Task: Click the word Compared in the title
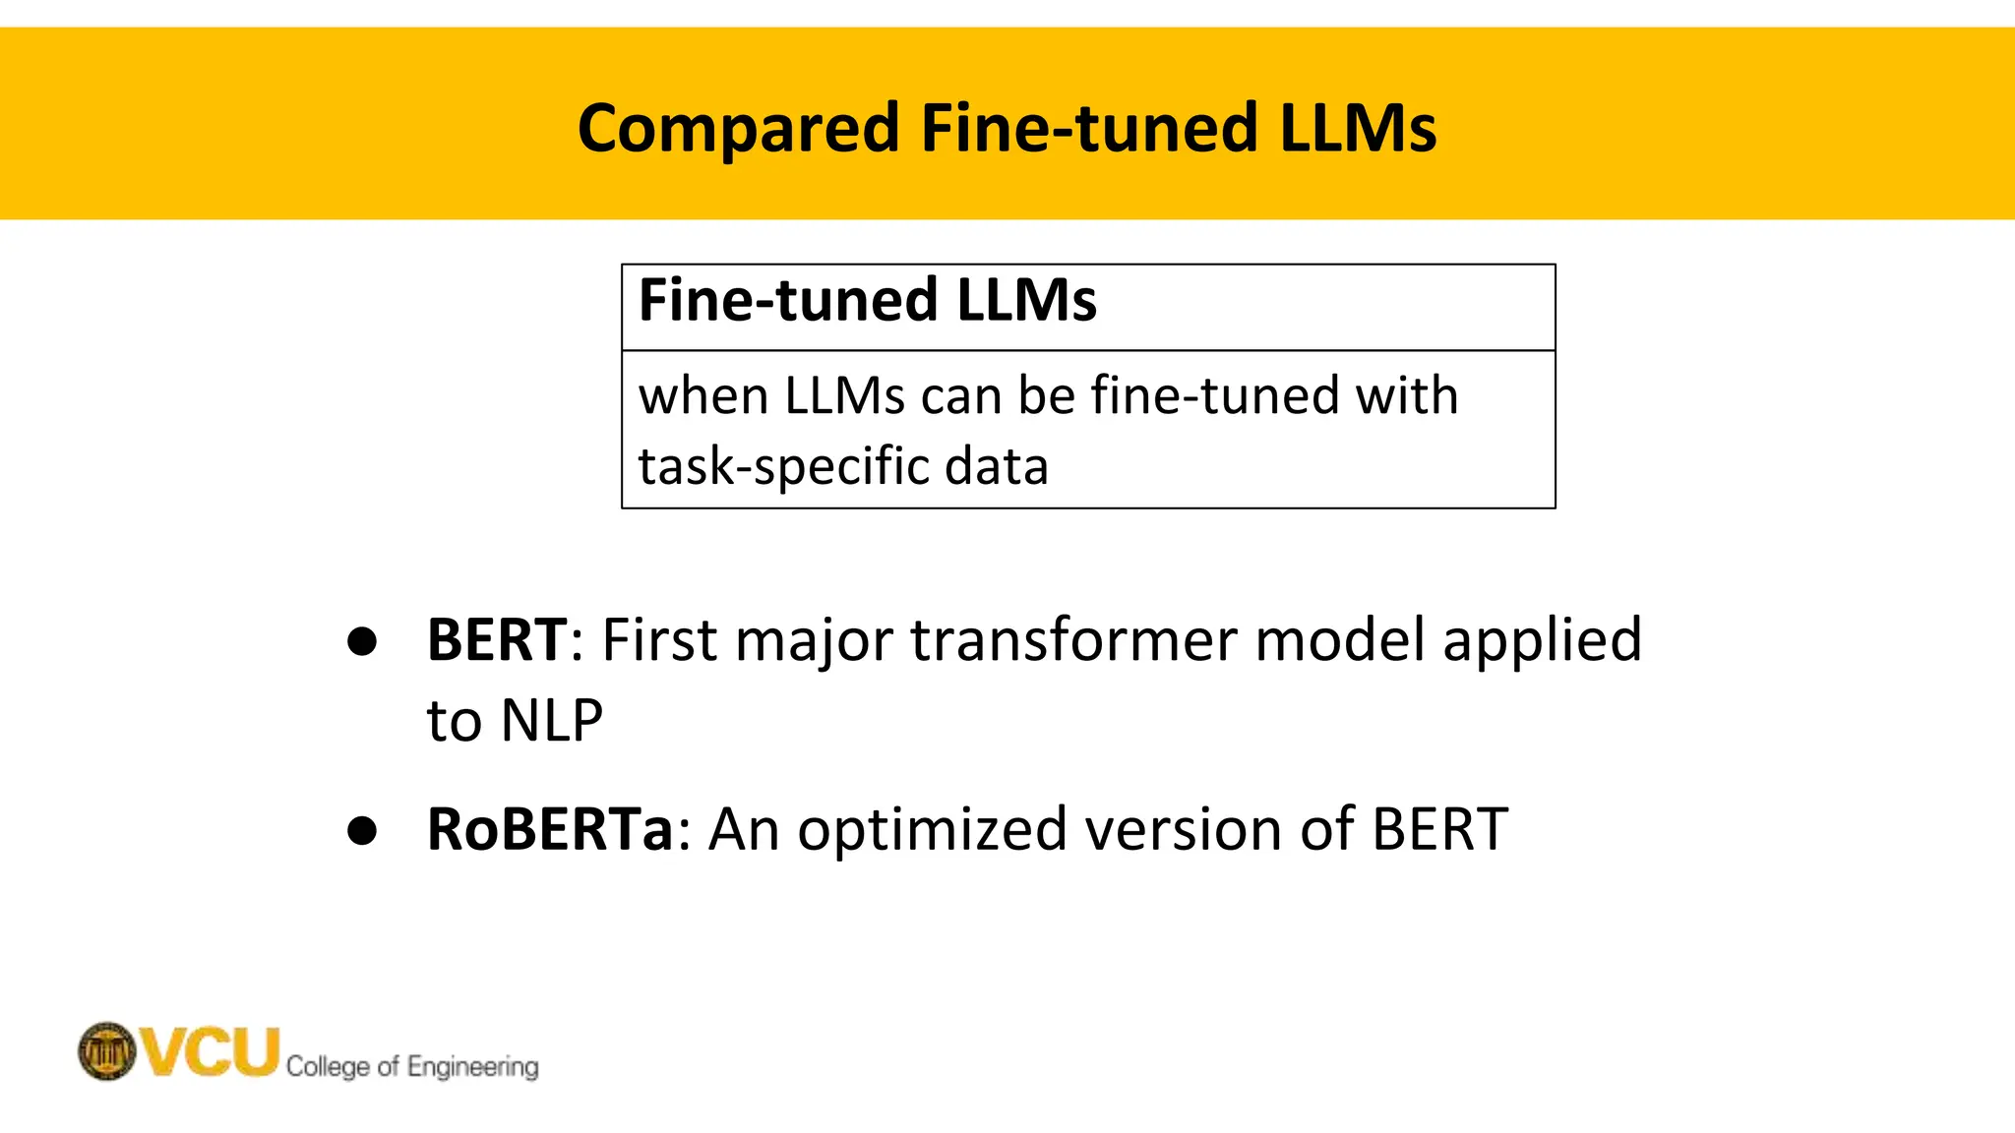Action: pos(738,129)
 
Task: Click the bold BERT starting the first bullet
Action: pos(497,639)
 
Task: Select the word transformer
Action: pos(1073,639)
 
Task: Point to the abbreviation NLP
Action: pos(551,720)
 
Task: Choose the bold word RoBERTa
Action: pos(550,829)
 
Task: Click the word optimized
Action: pos(931,829)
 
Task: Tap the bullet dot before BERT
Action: pos(362,641)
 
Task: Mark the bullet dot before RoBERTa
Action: pos(362,830)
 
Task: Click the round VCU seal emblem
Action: pos(106,1050)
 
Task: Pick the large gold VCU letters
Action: pos(210,1050)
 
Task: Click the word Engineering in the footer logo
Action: pos(472,1067)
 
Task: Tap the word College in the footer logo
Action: pos(329,1067)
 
